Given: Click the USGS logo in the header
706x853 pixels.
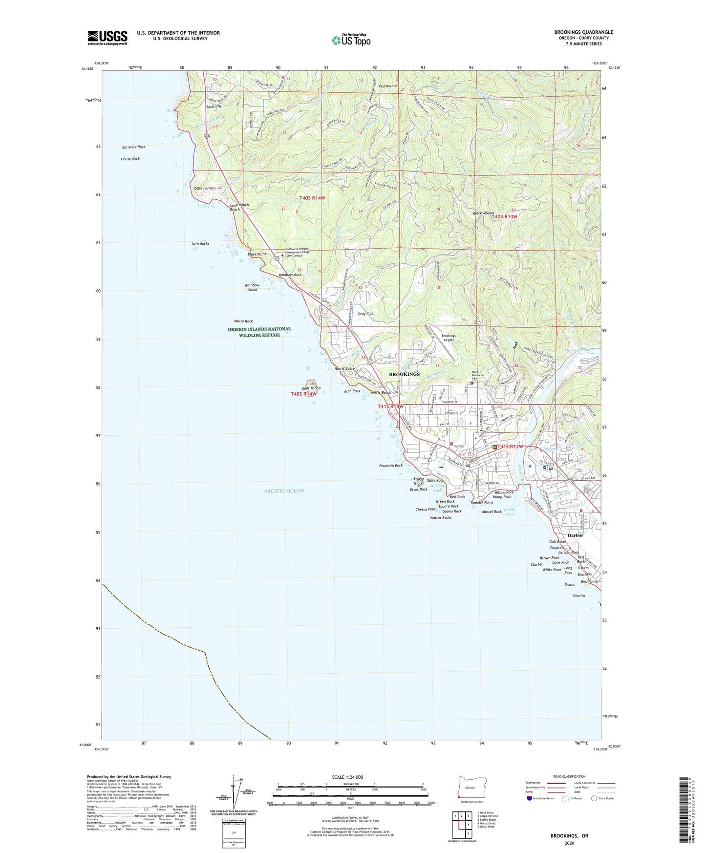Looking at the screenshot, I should coord(107,37).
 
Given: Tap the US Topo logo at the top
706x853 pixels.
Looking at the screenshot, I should coord(350,40).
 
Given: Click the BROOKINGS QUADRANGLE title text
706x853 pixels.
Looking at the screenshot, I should coord(583,32).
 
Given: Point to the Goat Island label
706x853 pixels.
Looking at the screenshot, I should coord(311,388).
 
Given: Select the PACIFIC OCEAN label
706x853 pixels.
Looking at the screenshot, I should coord(284,490).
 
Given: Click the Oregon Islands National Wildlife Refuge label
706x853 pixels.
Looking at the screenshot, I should coord(259,332).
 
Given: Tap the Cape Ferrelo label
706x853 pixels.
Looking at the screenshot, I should coord(205,188).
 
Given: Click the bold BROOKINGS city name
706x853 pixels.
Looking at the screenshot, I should coord(404,374).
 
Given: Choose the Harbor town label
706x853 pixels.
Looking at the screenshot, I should coord(575,535).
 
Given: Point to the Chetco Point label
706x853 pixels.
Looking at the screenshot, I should coord(426,509).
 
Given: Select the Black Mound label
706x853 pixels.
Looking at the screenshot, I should coord(483,213).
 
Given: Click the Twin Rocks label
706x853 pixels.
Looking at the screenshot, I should coord(200,243).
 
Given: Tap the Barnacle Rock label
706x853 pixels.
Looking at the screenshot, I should coord(133,147).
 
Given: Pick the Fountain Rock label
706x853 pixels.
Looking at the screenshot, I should coord(391,466).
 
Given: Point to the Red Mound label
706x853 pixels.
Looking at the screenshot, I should coord(387,86).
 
